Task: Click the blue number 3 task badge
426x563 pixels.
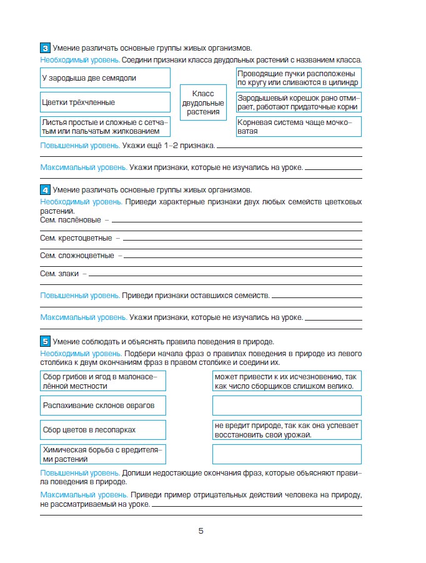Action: tap(45, 48)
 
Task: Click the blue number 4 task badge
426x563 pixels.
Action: tap(45, 189)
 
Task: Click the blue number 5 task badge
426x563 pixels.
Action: tap(45, 341)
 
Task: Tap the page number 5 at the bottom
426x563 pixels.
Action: tap(201, 531)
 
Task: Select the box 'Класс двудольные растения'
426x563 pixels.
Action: tap(203, 102)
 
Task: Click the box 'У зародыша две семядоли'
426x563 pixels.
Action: tap(105, 78)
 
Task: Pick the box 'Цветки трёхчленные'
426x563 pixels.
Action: tap(105, 102)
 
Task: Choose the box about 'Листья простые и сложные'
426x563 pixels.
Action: tap(105, 127)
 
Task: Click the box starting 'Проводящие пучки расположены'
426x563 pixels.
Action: tap(299, 78)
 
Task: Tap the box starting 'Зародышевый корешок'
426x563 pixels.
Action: tap(299, 102)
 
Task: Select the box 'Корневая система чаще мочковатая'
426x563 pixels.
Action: tap(299, 127)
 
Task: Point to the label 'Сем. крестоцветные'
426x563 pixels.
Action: tap(76, 238)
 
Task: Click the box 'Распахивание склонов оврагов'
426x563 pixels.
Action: tap(103, 406)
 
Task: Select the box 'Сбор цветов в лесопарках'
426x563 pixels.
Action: tap(103, 430)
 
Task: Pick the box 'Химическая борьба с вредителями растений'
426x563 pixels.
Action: tap(103, 454)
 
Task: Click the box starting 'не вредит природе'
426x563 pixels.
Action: tap(287, 430)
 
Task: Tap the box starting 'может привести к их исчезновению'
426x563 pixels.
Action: tap(287, 381)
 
